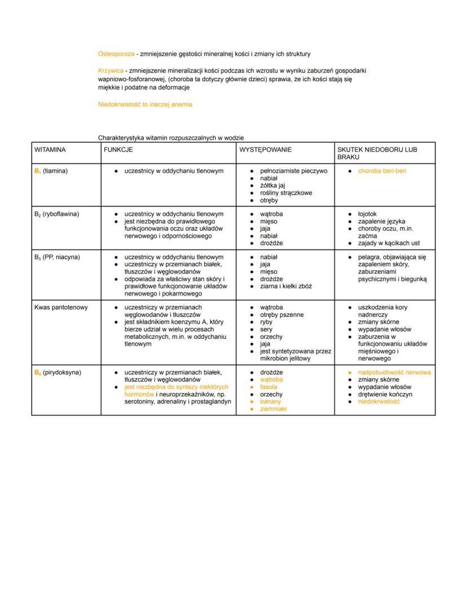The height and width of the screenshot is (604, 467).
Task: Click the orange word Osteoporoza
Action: [x=116, y=54]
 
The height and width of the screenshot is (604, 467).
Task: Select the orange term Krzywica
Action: [x=111, y=71]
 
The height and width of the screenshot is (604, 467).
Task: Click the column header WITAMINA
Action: [x=50, y=150]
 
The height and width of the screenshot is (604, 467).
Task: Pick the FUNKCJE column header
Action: [x=118, y=150]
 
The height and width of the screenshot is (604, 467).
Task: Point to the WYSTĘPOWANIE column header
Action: [x=265, y=150]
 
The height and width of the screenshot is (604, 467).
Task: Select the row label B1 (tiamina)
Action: [x=51, y=171]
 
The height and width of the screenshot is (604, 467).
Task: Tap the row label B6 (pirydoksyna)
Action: [x=58, y=373]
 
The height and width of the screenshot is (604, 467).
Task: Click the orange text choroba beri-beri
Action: [x=382, y=171]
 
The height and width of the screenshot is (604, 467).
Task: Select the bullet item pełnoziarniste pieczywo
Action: [x=293, y=171]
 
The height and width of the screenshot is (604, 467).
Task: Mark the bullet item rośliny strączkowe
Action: [x=286, y=193]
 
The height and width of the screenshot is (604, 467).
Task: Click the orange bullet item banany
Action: [x=270, y=402]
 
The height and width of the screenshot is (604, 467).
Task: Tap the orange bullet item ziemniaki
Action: [x=273, y=409]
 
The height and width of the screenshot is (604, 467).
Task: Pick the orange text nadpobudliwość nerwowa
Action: [x=394, y=373]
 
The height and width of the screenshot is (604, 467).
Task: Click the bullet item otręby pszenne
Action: [x=281, y=315]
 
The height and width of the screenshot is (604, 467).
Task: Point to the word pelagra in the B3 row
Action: [x=369, y=257]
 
